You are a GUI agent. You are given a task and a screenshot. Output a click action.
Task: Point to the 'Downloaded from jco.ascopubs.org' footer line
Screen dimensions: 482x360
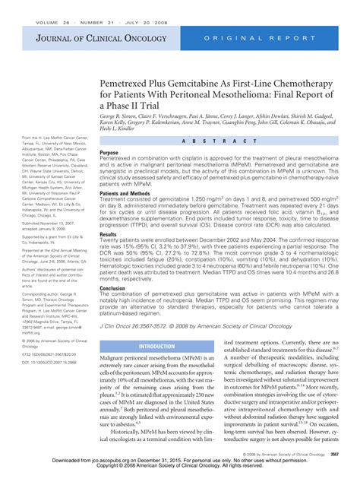[180, 461]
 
